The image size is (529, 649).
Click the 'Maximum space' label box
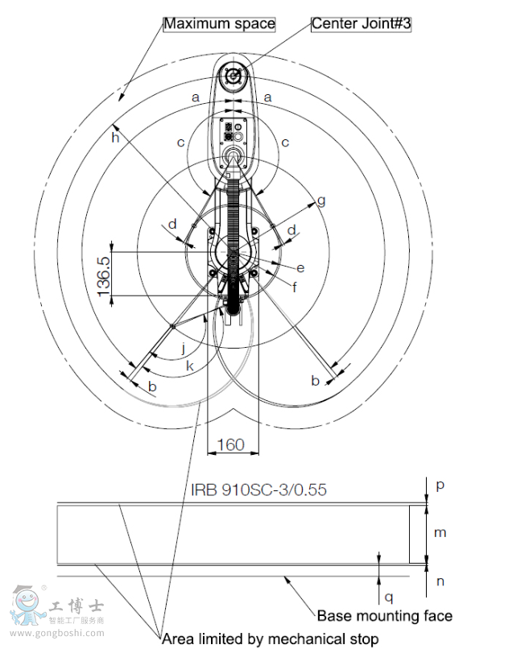(219, 23)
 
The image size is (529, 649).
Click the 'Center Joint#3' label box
(361, 23)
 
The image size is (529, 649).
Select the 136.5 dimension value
(104, 276)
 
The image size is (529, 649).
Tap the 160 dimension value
(231, 445)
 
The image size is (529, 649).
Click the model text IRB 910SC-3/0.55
(258, 490)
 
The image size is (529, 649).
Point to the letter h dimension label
(115, 137)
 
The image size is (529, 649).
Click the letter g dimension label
(321, 201)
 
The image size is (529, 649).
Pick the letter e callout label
(300, 268)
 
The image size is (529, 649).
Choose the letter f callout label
(295, 287)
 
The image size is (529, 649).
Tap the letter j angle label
(184, 349)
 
